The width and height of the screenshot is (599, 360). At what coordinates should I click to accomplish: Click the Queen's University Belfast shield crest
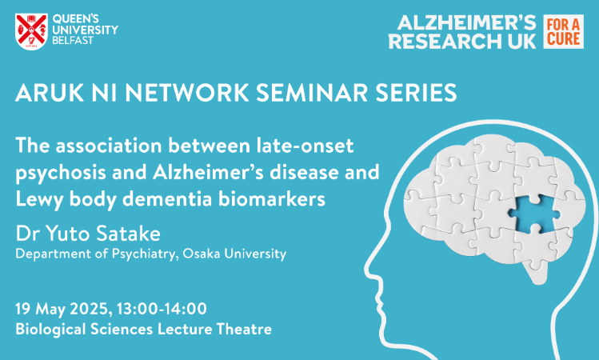tap(31, 32)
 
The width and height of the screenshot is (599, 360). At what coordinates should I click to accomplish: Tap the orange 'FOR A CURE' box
tap(564, 32)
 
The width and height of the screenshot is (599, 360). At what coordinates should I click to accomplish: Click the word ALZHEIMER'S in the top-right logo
tap(466, 23)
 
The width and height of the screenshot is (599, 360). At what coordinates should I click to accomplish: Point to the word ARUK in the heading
tap(50, 93)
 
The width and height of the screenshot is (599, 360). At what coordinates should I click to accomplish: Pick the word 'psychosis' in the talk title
tap(60, 173)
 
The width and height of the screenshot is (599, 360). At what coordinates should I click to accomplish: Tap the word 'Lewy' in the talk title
tap(39, 199)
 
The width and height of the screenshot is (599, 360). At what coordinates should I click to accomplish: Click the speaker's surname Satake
tap(128, 234)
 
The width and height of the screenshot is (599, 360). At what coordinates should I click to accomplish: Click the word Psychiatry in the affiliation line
tap(145, 254)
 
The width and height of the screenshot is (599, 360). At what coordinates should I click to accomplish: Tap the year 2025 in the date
tap(90, 309)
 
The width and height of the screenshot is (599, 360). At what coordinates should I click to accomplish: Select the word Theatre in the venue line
tap(244, 329)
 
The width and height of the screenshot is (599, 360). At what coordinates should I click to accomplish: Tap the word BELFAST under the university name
tap(73, 41)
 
